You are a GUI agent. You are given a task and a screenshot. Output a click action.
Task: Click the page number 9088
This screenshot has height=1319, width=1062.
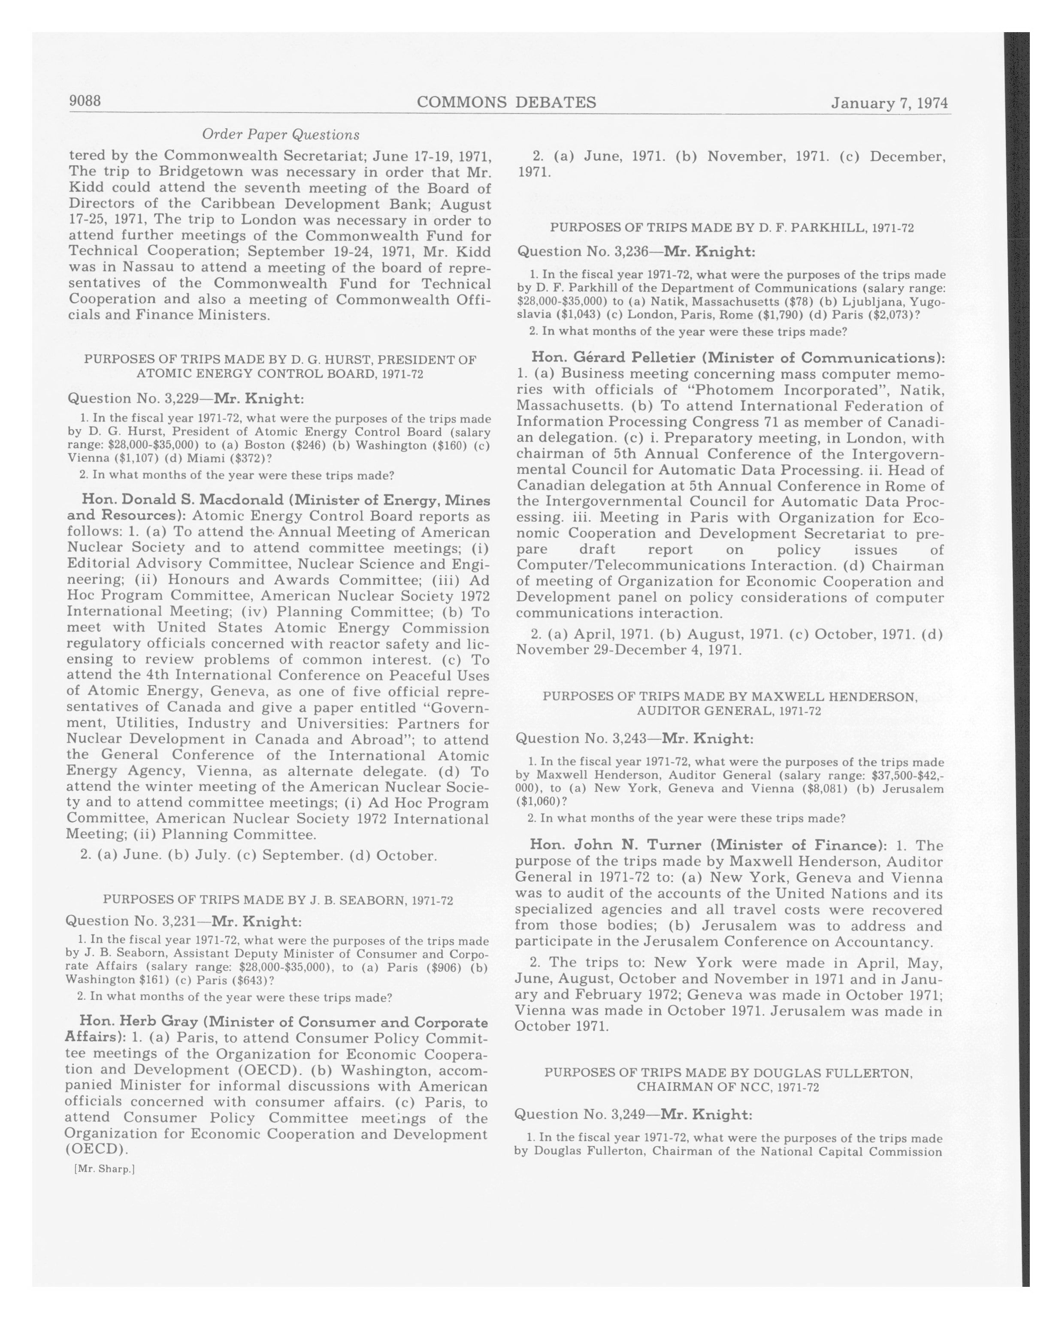85,101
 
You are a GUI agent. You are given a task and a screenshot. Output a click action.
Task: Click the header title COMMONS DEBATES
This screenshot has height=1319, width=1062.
506,102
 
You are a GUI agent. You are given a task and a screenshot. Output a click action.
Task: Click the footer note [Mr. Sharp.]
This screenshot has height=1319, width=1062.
103,1169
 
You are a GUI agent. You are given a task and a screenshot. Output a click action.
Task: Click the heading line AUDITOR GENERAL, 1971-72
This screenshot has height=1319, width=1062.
729,711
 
